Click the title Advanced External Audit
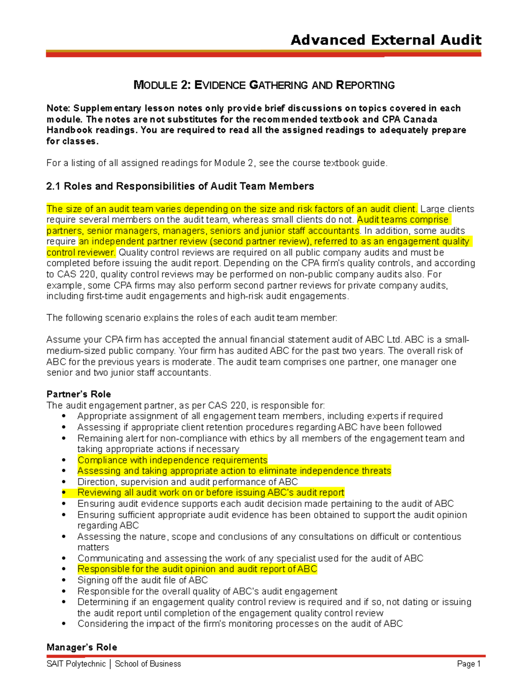point(385,40)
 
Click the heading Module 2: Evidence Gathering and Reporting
point(264,85)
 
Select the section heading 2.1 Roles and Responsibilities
point(180,186)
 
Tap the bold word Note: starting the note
point(59,108)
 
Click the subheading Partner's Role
point(78,394)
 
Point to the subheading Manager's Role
point(81,647)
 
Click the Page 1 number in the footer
point(469,664)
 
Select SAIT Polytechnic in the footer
point(76,664)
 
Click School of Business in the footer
point(148,664)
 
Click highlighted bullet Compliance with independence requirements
point(172,460)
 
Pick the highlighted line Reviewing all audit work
point(210,492)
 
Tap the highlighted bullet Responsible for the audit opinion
point(197,569)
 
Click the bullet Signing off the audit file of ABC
point(142,580)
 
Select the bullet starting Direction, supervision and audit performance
point(187,482)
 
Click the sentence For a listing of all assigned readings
point(217,163)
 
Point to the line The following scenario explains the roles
point(191,318)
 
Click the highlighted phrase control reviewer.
point(81,252)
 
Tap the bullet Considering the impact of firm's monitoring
point(240,624)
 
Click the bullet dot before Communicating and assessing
point(64,558)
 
